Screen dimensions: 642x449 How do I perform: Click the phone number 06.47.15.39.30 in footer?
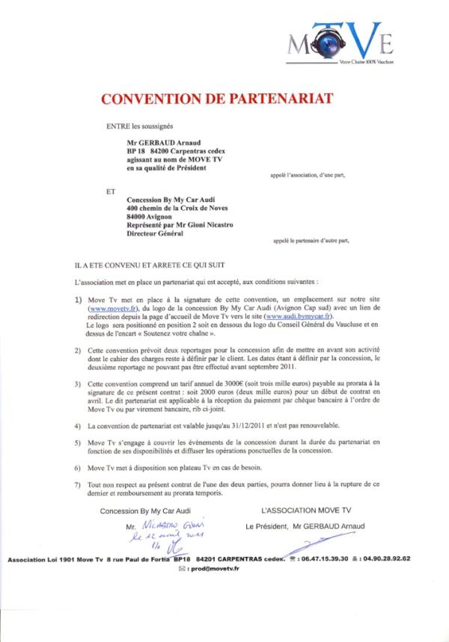coord(325,559)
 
